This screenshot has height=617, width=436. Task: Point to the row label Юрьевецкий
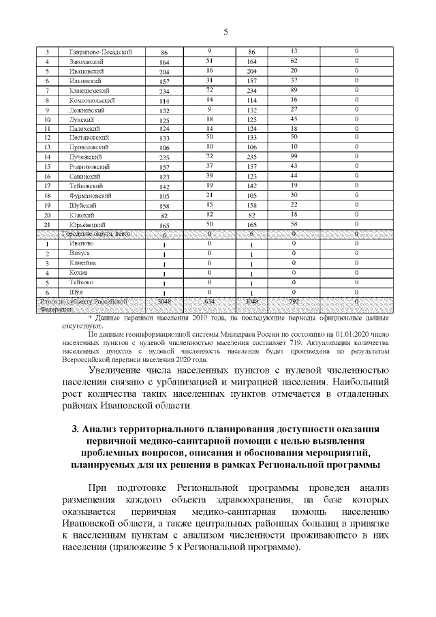[x=88, y=224]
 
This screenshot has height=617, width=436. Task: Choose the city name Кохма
[x=78, y=272]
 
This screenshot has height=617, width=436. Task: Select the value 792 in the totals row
[x=294, y=301]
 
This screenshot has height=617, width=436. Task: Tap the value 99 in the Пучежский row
[x=294, y=156]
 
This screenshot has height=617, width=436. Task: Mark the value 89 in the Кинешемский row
[x=294, y=90]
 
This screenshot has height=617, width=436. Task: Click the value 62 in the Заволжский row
[x=294, y=61]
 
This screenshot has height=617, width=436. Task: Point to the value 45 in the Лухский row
[x=294, y=119]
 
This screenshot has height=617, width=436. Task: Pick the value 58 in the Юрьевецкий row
[x=294, y=224]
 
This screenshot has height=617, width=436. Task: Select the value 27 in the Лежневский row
[x=294, y=109]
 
